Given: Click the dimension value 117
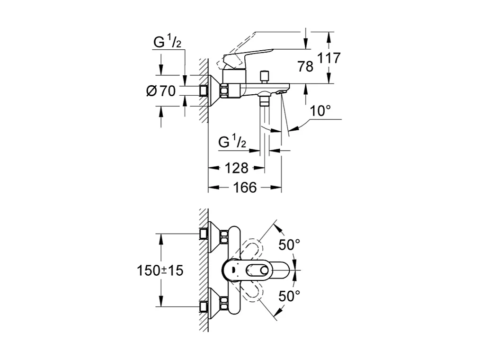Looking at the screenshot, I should (x=329, y=59).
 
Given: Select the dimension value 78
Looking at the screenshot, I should (x=305, y=67).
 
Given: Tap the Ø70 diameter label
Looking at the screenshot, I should (x=161, y=91).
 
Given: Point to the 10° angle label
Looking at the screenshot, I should (x=320, y=111).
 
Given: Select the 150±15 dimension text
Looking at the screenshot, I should (x=160, y=270).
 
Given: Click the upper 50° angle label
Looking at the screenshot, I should (x=289, y=245).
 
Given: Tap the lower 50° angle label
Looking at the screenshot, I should (x=289, y=297).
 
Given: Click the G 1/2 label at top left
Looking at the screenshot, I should (x=167, y=43).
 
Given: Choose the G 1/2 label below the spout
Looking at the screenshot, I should (x=232, y=142).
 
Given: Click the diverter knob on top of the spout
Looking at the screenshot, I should (x=264, y=75).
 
